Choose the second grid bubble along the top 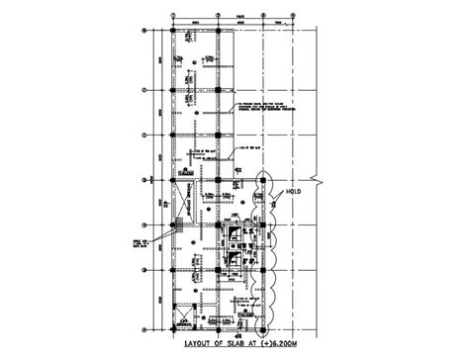[x=218, y=13]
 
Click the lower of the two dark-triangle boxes [x=235, y=262]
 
